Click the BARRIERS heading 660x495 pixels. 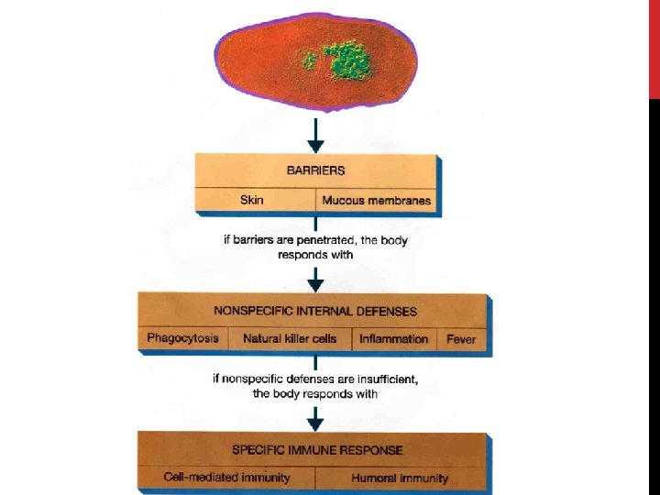pos(315,170)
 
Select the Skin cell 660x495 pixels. pos(252,200)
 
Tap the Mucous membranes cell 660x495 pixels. pos(376,200)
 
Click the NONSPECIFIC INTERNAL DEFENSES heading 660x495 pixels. pos(315,311)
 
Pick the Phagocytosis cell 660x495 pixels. pos(183,338)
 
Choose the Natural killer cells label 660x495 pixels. pos(290,338)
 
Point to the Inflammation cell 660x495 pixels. pos(393,338)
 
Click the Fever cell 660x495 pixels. pos(461,338)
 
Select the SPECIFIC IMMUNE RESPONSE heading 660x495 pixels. pos(315,449)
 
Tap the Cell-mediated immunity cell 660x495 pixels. pos(226,478)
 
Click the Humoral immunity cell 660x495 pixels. pos(400,478)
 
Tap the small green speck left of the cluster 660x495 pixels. pos(310,60)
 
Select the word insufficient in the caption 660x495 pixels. pos(379,379)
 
